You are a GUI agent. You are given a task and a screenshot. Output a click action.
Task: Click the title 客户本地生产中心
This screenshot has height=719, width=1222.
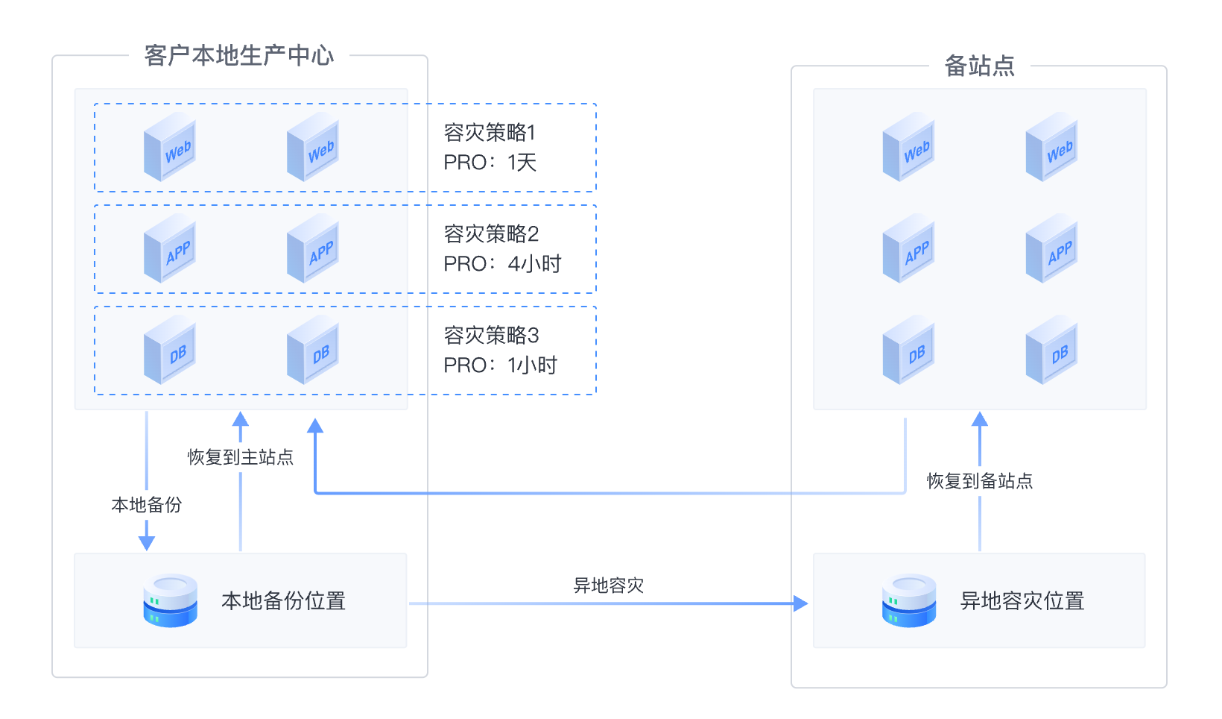point(239,56)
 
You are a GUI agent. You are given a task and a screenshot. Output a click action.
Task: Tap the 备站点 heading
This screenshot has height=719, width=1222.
point(979,66)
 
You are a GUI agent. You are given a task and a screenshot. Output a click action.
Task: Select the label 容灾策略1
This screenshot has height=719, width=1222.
point(490,133)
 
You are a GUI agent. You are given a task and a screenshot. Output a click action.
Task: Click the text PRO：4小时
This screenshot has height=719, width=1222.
point(502,264)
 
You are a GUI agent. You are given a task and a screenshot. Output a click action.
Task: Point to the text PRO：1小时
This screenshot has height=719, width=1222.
point(500,365)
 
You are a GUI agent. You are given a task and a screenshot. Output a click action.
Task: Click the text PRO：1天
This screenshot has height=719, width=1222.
point(490,163)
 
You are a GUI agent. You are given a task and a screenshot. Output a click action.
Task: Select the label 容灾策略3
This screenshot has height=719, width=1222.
point(491,336)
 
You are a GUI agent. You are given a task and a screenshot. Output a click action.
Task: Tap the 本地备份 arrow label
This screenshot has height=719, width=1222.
point(147,505)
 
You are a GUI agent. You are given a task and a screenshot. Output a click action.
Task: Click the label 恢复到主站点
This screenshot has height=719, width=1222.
point(240,457)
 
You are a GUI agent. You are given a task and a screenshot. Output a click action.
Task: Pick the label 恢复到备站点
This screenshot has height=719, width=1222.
point(979,481)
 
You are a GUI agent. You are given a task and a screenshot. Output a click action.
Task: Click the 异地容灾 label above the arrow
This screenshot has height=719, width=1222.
point(608,585)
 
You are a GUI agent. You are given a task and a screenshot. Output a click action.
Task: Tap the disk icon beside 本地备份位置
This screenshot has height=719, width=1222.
point(170,600)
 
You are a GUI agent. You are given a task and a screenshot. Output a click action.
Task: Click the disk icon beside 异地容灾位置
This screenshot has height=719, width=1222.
point(908,600)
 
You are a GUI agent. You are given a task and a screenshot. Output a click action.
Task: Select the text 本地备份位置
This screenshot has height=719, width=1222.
point(283,601)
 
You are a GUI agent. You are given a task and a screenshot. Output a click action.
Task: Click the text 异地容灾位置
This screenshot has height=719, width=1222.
point(1022,601)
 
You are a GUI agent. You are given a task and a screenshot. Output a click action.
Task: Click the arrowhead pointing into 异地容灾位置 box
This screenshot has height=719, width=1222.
point(800,603)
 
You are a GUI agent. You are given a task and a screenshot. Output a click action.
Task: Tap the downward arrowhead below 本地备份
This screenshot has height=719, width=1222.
point(147,542)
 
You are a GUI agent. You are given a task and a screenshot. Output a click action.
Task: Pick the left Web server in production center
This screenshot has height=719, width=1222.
point(170,147)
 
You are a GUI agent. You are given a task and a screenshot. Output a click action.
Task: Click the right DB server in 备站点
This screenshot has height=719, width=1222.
point(1051,350)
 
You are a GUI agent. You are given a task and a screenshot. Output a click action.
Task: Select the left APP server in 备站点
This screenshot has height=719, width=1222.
point(908,248)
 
